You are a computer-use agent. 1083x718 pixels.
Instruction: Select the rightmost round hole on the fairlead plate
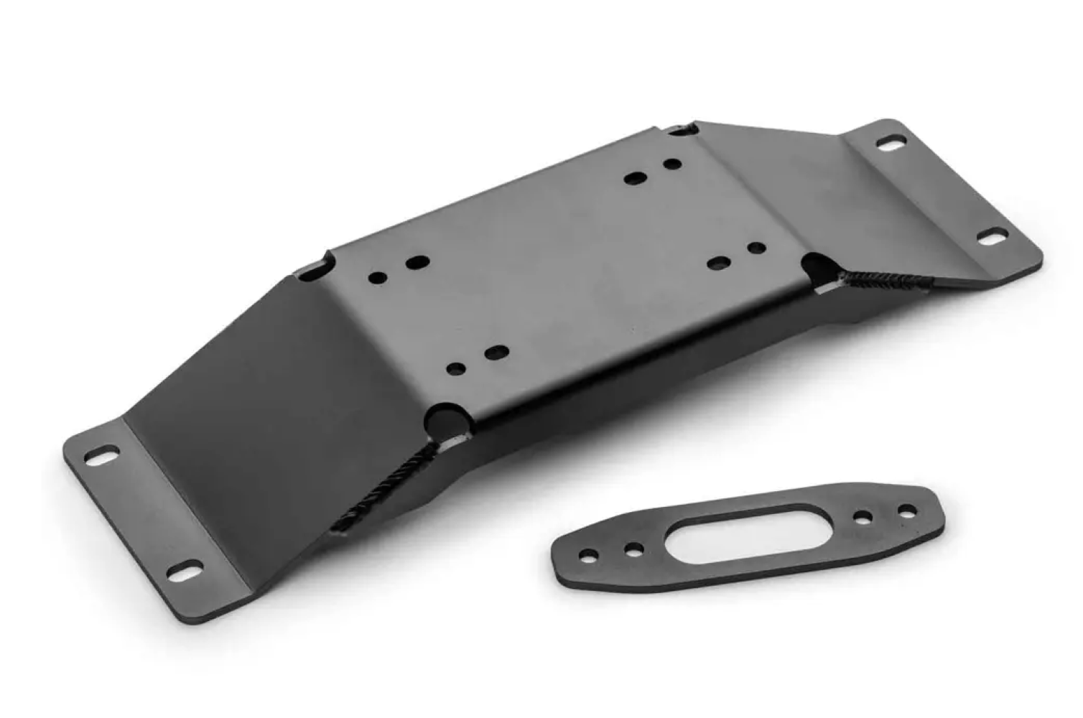click(x=908, y=510)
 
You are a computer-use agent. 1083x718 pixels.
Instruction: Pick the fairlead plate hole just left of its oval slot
click(x=633, y=550)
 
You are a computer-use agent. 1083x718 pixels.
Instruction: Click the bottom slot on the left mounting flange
click(x=182, y=572)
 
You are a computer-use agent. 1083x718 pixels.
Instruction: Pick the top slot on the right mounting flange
click(x=891, y=144)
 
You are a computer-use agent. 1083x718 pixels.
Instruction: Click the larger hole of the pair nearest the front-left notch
click(x=496, y=353)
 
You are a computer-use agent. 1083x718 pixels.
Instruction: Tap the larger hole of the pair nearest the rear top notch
click(x=635, y=177)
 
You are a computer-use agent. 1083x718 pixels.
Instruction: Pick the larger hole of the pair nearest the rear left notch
click(x=417, y=263)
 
